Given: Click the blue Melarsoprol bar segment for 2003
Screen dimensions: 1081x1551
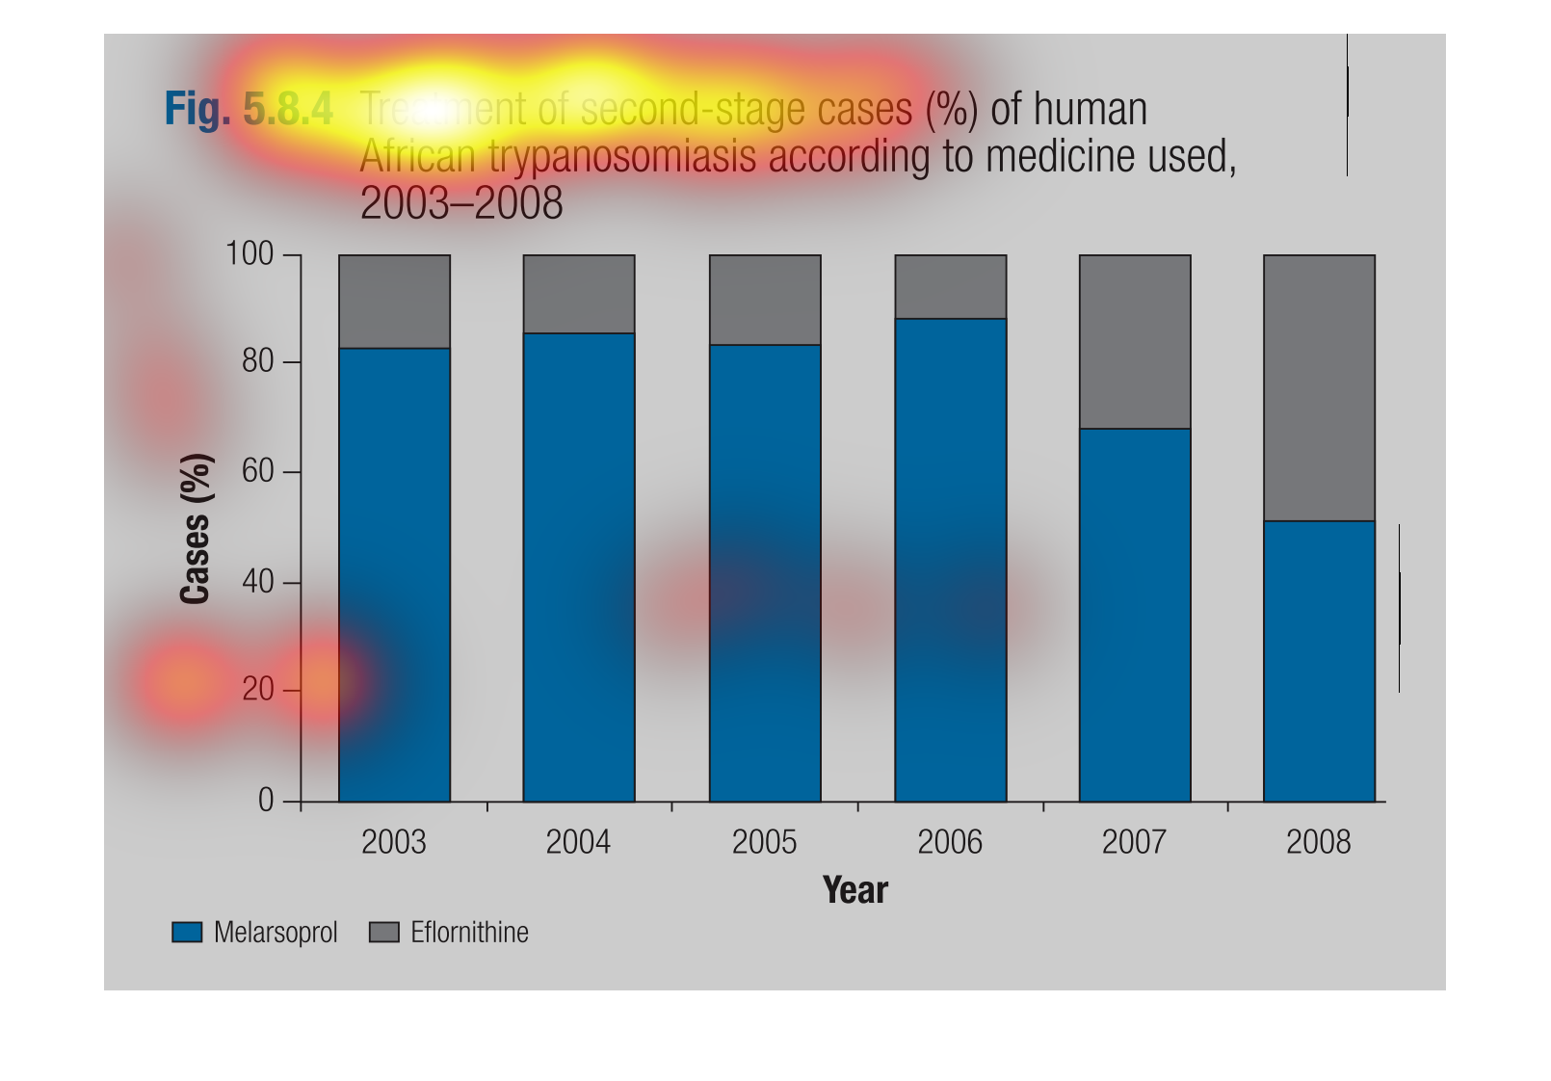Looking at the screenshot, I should tap(394, 574).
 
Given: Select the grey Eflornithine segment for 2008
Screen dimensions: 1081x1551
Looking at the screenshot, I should tap(1319, 387).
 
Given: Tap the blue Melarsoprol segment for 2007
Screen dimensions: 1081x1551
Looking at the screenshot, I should tap(1135, 615).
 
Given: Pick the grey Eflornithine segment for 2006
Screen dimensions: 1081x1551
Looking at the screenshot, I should tap(951, 286).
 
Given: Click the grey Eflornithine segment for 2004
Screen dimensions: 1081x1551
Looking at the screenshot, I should tap(579, 294).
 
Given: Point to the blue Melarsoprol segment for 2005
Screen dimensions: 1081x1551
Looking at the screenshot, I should tap(765, 572).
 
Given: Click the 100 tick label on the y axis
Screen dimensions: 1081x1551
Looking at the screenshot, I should tap(250, 254).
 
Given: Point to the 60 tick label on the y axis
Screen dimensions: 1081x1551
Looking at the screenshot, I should tap(257, 471).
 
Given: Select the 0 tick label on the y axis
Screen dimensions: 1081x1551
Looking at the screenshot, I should tap(266, 801).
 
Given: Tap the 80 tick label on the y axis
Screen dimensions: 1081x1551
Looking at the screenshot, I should tap(257, 362).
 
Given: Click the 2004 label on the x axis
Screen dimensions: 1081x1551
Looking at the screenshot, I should tap(578, 843).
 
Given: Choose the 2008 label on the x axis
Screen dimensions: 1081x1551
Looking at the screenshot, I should tap(1319, 843).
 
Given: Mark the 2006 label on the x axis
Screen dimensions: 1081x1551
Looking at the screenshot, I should tap(950, 843).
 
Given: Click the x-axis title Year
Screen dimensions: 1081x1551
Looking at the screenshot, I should tap(854, 890).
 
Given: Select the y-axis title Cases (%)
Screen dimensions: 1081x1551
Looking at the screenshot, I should tap(196, 528).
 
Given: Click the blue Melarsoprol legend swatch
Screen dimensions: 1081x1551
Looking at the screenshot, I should tap(187, 933).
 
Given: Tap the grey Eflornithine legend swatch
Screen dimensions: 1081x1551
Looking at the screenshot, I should tap(383, 933).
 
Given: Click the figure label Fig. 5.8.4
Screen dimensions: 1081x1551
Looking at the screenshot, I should tap(249, 109).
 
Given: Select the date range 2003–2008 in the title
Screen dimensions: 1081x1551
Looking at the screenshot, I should tap(460, 203).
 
